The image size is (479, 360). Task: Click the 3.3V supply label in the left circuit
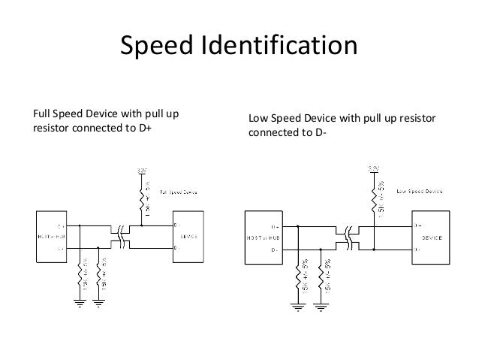pyautogui.click(x=143, y=171)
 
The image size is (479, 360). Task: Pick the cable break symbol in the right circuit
pyautogui.click(x=348, y=235)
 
